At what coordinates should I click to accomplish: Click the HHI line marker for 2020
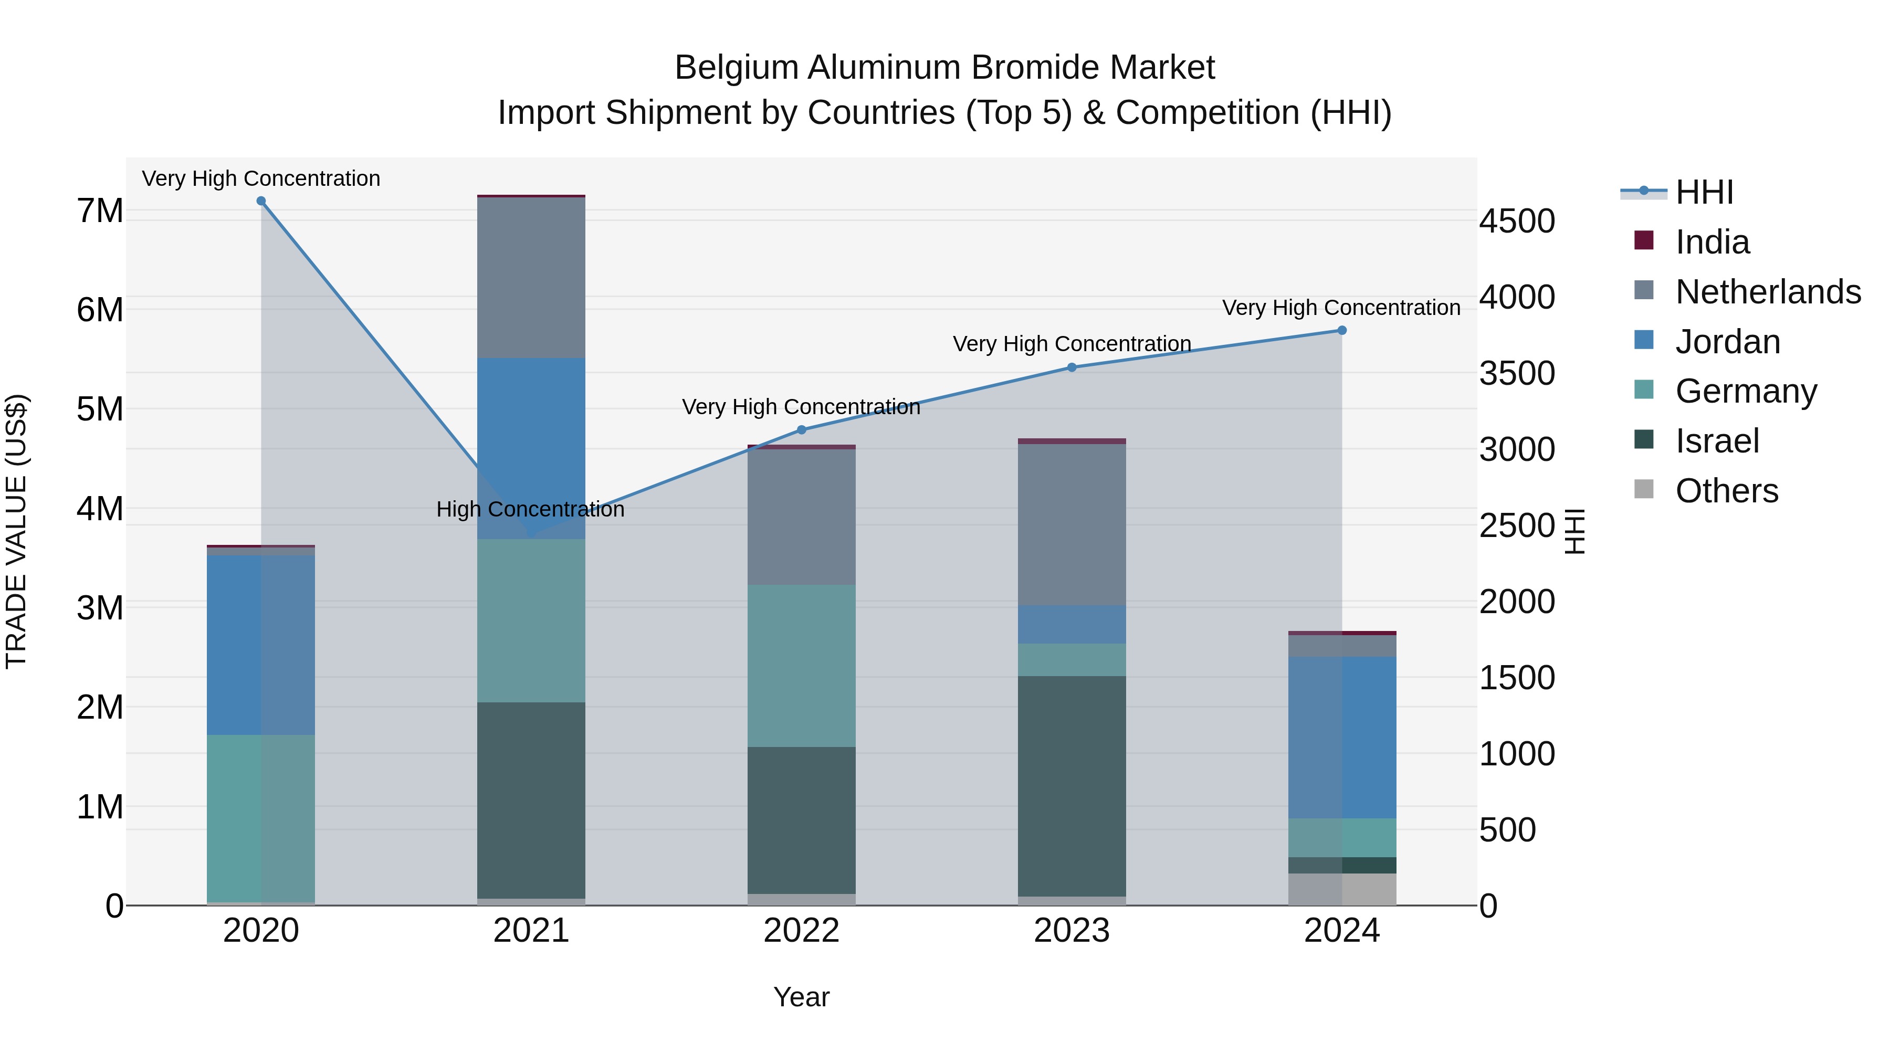point(261,201)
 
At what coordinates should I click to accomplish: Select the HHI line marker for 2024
point(1342,330)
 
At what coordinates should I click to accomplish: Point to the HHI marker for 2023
point(1072,367)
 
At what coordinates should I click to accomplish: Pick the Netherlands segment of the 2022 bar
point(801,517)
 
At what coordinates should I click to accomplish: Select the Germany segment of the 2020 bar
point(261,818)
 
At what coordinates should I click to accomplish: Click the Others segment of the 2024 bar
point(1342,889)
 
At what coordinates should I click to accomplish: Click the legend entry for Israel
point(1717,441)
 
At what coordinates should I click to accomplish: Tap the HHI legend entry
point(1704,192)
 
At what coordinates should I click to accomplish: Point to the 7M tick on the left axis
point(100,211)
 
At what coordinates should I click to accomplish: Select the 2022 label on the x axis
point(801,931)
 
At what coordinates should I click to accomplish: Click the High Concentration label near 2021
point(530,509)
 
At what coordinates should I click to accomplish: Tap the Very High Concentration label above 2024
point(1341,308)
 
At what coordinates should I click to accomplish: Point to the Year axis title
point(801,997)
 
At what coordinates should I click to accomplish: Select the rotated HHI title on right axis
point(1574,531)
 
